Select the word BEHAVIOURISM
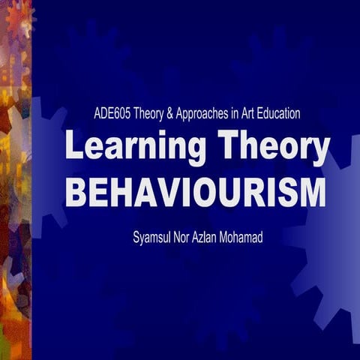(196, 192)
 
